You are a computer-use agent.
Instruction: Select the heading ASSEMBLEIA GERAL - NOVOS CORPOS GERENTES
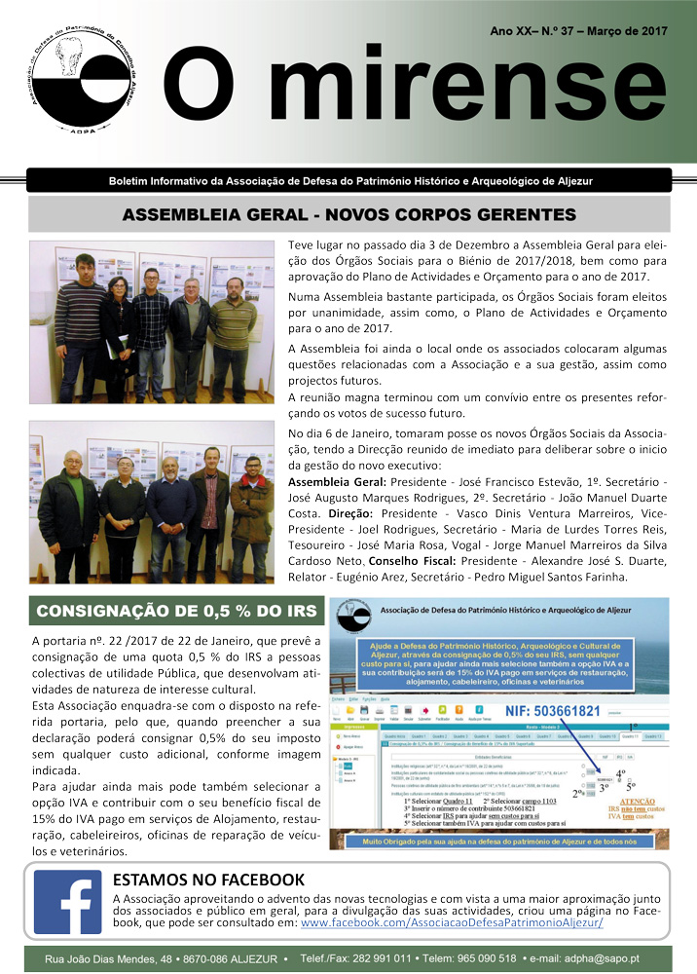pos(348,214)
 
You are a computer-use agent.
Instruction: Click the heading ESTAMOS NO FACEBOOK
pos(209,881)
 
